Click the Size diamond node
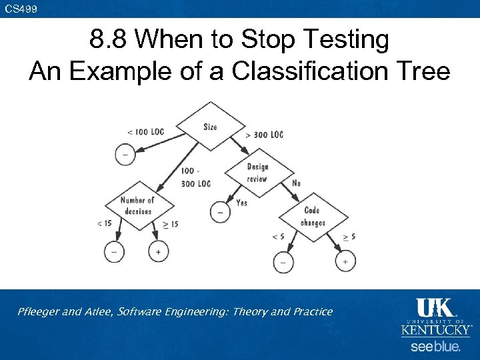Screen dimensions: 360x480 210,126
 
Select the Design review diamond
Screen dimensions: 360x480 257,173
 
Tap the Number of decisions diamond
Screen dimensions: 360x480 138,205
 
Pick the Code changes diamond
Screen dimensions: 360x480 311,217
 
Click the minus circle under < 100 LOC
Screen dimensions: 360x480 125,155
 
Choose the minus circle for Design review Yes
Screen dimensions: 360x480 220,212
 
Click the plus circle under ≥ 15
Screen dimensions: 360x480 158,251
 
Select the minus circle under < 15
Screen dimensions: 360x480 114,251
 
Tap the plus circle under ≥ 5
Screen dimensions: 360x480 345,262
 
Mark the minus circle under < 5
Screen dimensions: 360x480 283,262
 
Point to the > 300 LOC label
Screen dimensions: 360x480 264,135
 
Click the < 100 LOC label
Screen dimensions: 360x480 145,132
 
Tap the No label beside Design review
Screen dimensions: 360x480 296,183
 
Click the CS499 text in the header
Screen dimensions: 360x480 21,9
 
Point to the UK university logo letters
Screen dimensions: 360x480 435,309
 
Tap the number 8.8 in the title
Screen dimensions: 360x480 107,41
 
